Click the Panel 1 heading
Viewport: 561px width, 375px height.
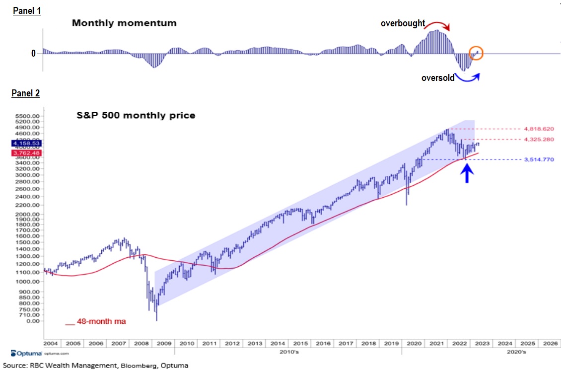27,11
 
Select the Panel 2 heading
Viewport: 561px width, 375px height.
27,93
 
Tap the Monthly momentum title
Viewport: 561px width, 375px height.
124,23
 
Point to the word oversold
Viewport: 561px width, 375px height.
438,77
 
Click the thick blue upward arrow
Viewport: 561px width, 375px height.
466,173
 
